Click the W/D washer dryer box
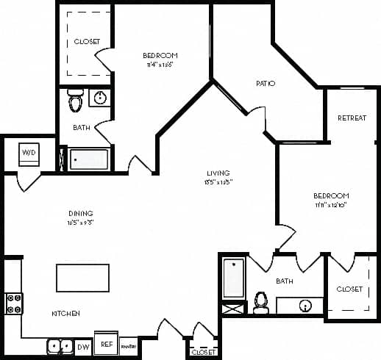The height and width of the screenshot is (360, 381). [29, 152]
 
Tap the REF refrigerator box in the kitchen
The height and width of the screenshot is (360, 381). [107, 344]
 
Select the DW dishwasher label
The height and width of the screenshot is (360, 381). [83, 345]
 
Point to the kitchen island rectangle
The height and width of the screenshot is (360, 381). [82, 278]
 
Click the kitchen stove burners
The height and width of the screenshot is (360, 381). [14, 303]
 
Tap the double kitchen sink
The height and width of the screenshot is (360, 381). [58, 345]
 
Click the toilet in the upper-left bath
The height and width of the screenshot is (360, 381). [75, 101]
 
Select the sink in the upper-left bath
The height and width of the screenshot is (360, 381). [101, 98]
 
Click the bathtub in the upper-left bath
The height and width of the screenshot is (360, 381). [88, 159]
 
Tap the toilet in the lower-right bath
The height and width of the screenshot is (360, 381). [260, 302]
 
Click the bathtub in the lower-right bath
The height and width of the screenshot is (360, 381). [234, 279]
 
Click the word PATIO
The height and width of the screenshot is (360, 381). [266, 84]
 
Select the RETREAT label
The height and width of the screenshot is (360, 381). [352, 118]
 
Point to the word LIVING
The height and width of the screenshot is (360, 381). [219, 174]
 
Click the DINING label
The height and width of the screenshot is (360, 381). [80, 214]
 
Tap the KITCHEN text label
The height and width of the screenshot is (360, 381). [65, 314]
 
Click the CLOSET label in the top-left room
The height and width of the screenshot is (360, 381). [87, 42]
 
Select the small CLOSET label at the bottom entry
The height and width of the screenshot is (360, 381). [202, 353]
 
